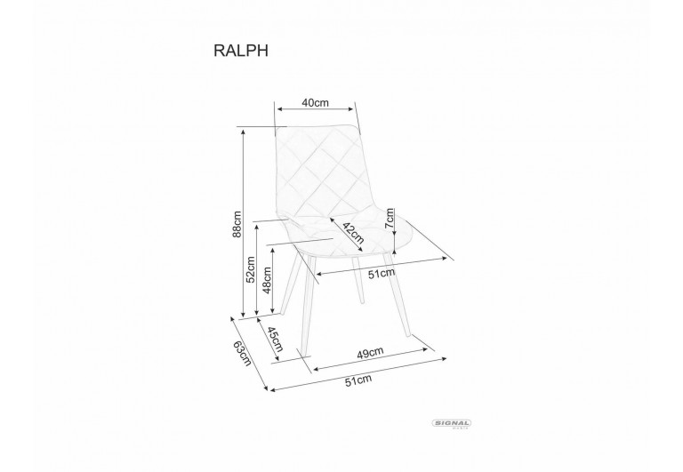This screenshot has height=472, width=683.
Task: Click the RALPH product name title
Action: pos(240,51)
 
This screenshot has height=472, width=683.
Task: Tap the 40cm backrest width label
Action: pos(316,103)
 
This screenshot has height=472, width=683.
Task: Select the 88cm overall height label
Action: pos(237,224)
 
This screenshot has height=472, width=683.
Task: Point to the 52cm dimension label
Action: pos(251,269)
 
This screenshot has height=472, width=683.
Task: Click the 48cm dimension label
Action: pos(267,279)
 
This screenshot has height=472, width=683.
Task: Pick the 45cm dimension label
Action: pos(275,340)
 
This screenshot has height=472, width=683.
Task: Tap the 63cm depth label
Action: pos(243,352)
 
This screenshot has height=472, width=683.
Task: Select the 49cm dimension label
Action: pos(370,352)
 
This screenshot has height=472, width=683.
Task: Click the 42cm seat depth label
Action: pos(353,233)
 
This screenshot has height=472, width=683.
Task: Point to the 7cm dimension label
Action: pos(390,218)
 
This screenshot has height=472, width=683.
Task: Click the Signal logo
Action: pos(451,424)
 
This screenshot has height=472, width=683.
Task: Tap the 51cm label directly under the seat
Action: pos(382,274)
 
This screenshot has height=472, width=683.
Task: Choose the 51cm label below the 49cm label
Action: pos(358,380)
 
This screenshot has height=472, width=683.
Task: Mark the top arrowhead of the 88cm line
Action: pos(243,131)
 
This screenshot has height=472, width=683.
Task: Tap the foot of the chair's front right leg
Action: pos(408,335)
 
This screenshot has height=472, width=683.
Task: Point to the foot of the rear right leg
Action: pos(363,300)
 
